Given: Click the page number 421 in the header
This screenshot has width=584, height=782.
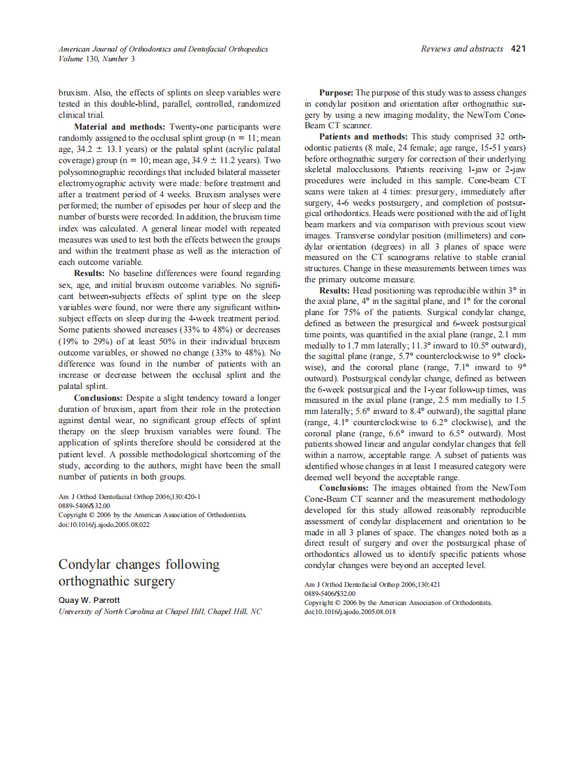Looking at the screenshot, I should (518, 49).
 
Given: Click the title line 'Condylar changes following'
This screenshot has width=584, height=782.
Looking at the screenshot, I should (139, 564).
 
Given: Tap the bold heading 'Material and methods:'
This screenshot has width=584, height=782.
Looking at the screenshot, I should (118, 127).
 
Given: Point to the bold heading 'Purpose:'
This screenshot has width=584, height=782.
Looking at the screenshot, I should (337, 92).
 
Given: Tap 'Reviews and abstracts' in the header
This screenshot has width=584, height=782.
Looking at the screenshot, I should (462, 49).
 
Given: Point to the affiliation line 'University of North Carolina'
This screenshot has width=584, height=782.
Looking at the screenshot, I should (160, 611).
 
